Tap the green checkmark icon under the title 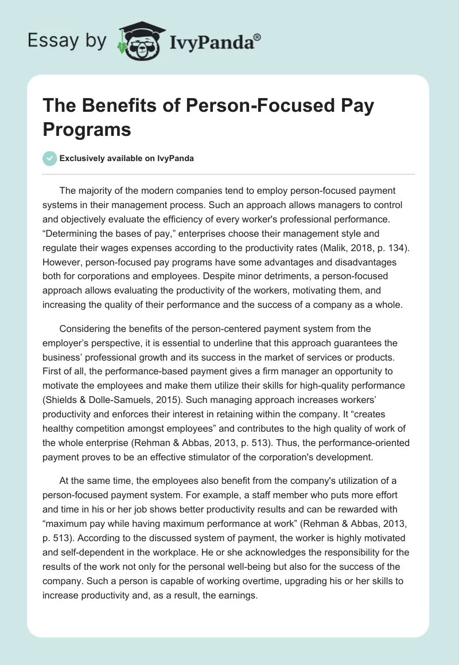click(50, 158)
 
